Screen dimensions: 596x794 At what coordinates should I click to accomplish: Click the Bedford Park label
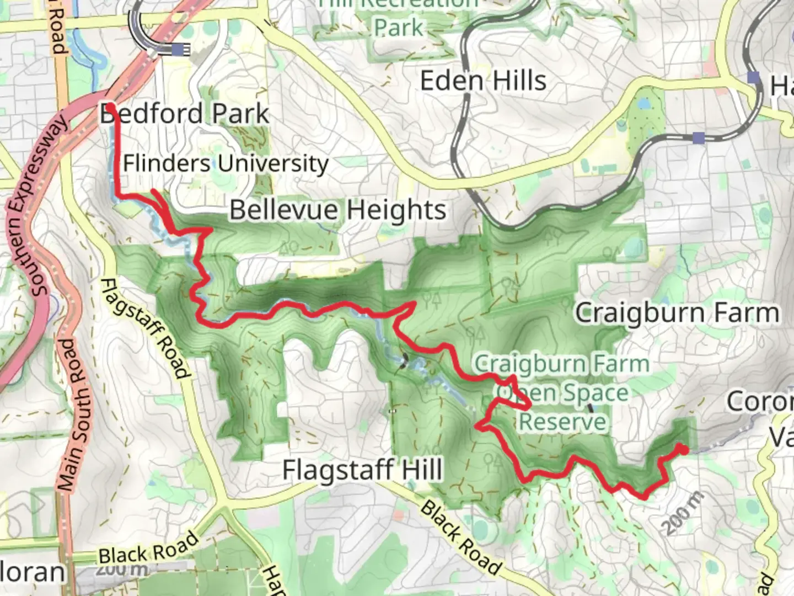[185, 114]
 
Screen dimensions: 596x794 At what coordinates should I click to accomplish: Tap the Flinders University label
[226, 163]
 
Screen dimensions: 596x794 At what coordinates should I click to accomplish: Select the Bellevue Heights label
[337, 210]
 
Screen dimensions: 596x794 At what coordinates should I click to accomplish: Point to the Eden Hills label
[483, 81]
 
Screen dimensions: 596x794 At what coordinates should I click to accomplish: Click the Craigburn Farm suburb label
[677, 313]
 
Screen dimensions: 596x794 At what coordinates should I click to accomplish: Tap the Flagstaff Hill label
[362, 470]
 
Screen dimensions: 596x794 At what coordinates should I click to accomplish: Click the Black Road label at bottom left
[148, 547]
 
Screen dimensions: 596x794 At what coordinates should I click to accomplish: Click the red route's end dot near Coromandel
[683, 450]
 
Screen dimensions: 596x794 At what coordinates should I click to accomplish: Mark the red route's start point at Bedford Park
[110, 105]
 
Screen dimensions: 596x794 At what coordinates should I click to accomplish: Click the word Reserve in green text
[562, 422]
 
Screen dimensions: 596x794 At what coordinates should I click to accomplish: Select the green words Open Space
[562, 393]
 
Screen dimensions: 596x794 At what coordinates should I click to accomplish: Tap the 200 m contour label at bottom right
[683, 513]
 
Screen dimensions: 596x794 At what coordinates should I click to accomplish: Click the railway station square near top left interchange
[178, 50]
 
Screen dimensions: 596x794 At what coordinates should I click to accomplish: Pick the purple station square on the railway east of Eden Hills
[699, 137]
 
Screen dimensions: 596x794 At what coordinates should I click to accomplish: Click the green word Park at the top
[398, 26]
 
